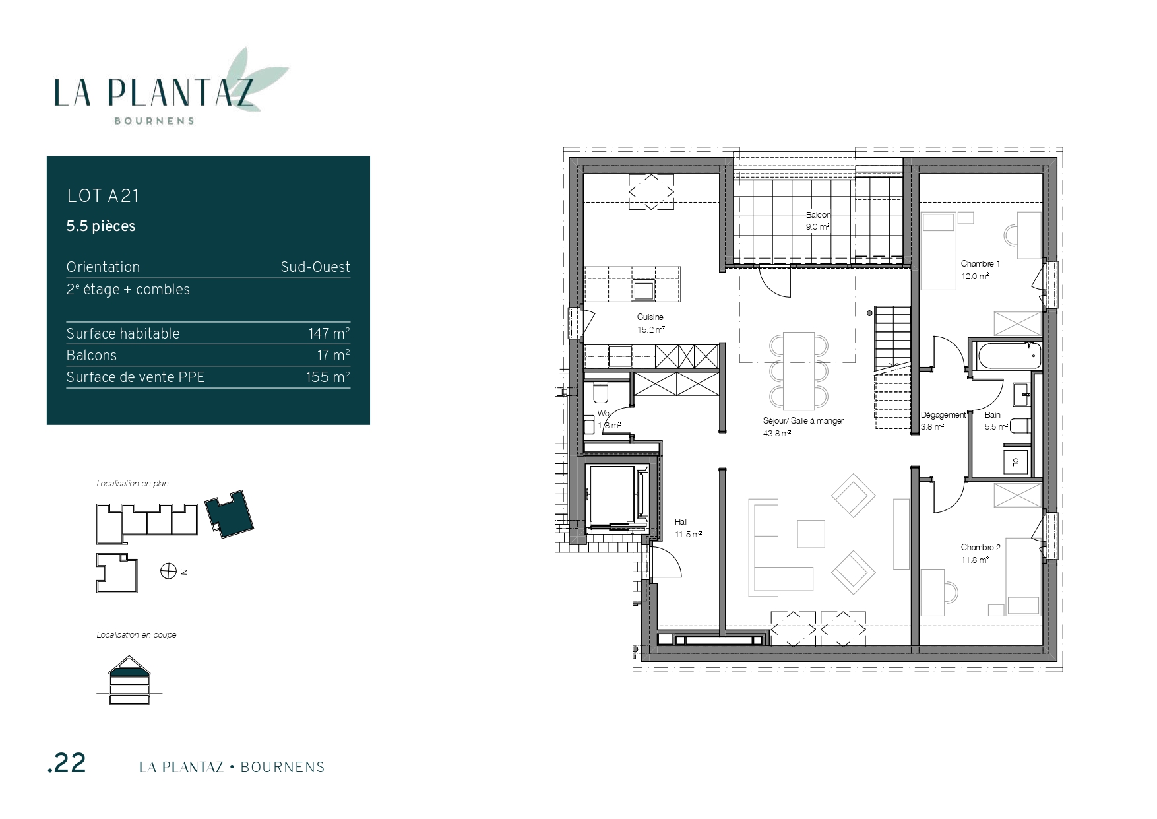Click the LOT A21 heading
103,196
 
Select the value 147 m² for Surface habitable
329,333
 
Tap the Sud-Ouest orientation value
315,267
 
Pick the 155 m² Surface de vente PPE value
328,377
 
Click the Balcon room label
819,215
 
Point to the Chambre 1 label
980,264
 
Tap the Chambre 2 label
981,547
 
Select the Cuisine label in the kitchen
650,317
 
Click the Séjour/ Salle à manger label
803,421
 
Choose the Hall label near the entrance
681,522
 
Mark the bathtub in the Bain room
1009,357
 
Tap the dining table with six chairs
799,370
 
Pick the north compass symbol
168,571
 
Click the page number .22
67,764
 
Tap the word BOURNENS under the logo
154,121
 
